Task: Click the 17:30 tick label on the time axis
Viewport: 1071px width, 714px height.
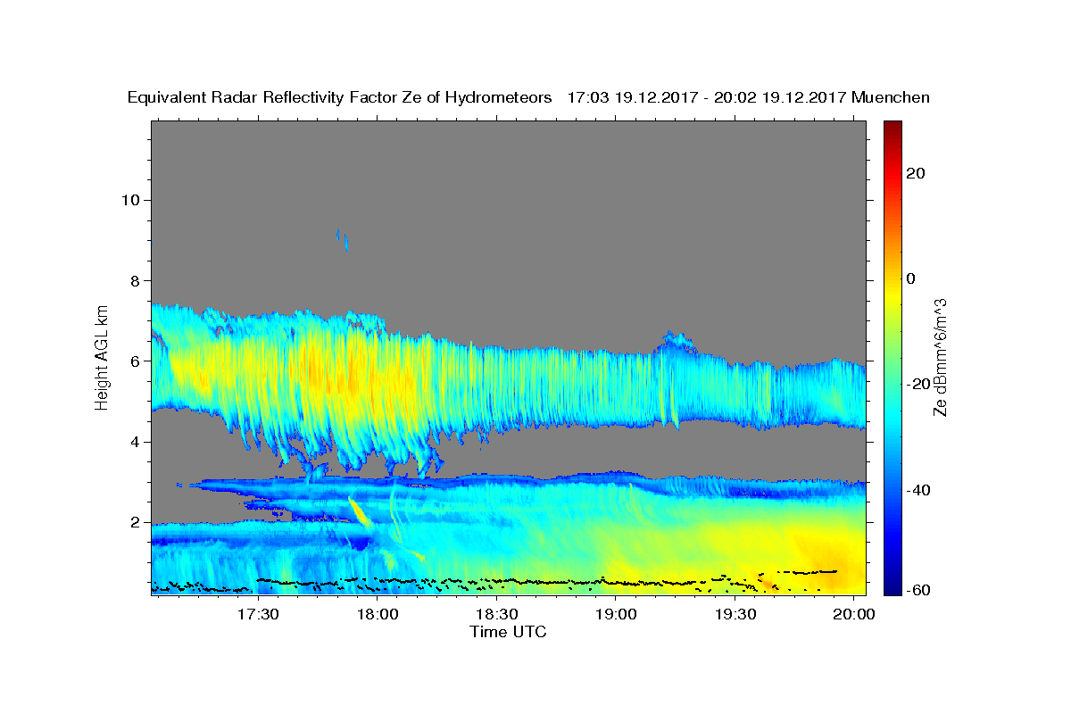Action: (258, 614)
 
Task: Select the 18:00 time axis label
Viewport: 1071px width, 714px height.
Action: (378, 614)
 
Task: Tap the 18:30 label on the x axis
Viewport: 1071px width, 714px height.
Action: (496, 614)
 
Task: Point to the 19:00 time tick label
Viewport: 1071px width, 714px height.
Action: (615, 614)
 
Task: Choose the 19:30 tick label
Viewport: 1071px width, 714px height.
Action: (735, 614)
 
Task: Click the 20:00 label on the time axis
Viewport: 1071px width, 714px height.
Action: (854, 614)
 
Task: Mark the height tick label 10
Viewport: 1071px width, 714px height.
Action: (130, 200)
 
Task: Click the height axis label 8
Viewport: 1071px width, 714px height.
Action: (136, 281)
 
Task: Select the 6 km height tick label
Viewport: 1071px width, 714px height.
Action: (136, 361)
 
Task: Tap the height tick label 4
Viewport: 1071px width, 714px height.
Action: (136, 442)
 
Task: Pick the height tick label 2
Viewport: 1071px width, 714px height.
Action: (136, 522)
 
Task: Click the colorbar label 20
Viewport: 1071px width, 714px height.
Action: (916, 173)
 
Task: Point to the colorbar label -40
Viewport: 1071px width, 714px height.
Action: (918, 490)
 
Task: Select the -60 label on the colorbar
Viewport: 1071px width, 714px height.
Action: (918, 590)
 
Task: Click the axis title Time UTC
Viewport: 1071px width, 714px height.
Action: (508, 632)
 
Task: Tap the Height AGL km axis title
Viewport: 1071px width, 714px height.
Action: (102, 358)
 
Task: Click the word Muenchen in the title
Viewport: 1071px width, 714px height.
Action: (891, 97)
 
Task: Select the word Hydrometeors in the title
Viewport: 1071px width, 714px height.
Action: (498, 98)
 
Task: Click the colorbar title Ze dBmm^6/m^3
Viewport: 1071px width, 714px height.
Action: (940, 358)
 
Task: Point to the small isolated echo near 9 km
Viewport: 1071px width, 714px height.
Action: (343, 239)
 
